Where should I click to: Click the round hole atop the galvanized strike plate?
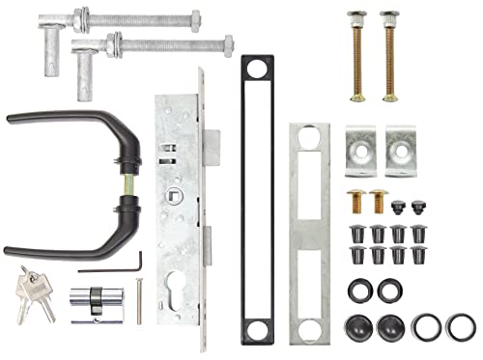(x=309, y=136)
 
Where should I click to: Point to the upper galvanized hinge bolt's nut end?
(x=190, y=18)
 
